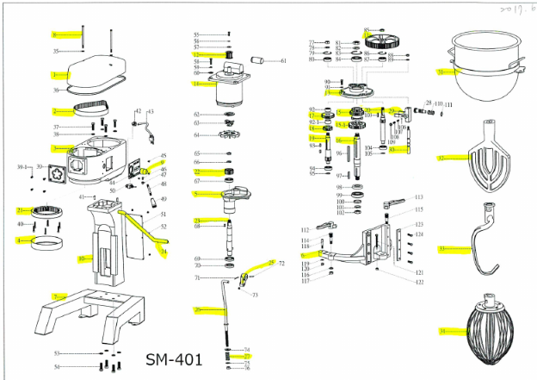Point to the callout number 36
[55, 90]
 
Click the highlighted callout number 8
[54, 34]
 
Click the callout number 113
[419, 196]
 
